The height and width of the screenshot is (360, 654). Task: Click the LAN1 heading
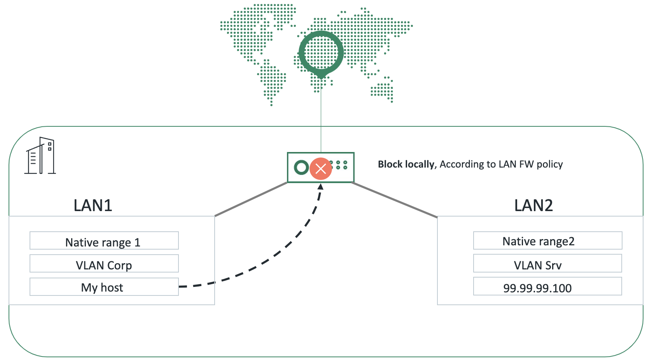(x=93, y=205)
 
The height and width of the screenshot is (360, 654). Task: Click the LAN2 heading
(x=533, y=205)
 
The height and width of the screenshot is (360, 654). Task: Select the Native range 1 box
(x=104, y=241)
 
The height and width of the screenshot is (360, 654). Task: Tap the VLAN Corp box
(x=104, y=264)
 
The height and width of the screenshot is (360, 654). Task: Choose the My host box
(x=104, y=287)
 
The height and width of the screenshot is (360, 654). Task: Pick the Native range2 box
(x=547, y=241)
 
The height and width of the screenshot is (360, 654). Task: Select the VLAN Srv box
(x=547, y=264)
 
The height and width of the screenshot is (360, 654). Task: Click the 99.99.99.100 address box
(x=547, y=287)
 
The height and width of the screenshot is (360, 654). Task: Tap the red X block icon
(x=321, y=168)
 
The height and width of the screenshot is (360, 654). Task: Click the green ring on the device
(x=301, y=168)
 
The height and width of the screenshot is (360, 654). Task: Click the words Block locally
(x=406, y=164)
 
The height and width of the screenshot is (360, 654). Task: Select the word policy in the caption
(x=549, y=164)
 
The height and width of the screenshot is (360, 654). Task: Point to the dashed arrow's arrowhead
(x=320, y=187)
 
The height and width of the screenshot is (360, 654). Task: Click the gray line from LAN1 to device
(x=251, y=199)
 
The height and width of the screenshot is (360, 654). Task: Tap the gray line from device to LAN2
(x=395, y=200)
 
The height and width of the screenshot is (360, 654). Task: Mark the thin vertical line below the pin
(x=321, y=117)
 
